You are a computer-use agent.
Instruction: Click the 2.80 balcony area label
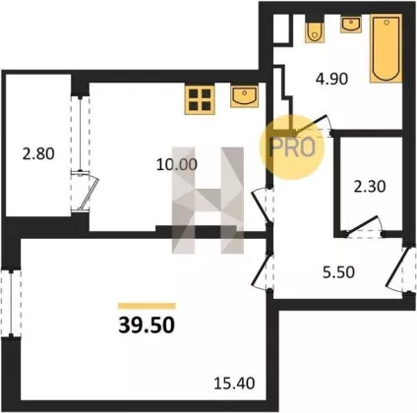tap(38, 153)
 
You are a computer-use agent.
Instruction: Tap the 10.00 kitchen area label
tap(177, 164)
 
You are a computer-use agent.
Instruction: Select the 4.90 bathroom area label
tap(331, 79)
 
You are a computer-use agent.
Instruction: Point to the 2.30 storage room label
tap(370, 187)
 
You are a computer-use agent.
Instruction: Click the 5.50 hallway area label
tap(338, 272)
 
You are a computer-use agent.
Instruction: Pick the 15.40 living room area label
tap(234, 383)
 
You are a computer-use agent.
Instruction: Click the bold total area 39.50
tap(147, 325)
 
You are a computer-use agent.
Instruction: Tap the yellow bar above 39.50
tap(147, 306)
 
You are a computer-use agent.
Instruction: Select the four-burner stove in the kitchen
tap(200, 100)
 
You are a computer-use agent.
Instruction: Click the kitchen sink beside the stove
tap(244, 96)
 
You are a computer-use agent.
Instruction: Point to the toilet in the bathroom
tap(315, 29)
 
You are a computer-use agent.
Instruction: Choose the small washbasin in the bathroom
tap(351, 24)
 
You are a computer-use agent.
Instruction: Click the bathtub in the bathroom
tap(387, 48)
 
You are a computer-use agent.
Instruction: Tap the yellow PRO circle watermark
tap(292, 147)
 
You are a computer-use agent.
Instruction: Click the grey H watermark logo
tap(208, 201)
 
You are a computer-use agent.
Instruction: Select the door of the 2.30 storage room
tap(364, 226)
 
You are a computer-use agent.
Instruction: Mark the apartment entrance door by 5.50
tap(400, 269)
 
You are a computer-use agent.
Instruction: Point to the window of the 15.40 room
tap(11, 303)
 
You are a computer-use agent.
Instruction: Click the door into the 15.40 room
tap(263, 271)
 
